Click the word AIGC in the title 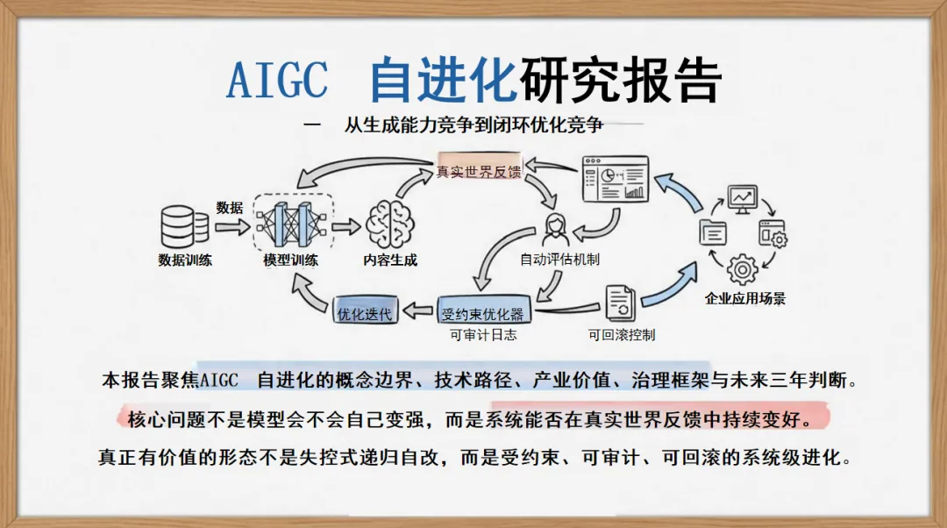coord(277,81)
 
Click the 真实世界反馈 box coord(479,171)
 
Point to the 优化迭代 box coord(365,311)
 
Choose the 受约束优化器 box coord(483,312)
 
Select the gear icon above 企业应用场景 coord(743,268)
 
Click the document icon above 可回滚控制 coord(620,303)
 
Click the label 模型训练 coord(290,260)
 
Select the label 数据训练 coord(185,260)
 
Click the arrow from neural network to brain coord(347,225)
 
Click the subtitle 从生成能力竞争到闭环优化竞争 coord(473,125)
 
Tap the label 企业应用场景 coord(745,298)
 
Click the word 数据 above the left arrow coord(230,208)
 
